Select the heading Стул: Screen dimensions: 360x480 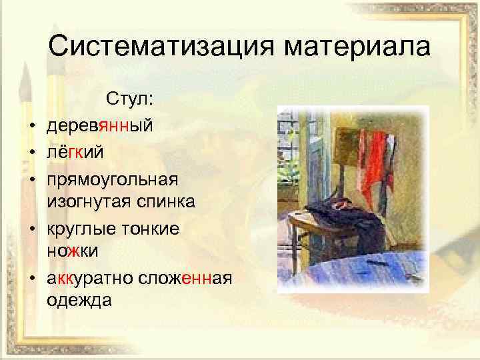tap(130, 99)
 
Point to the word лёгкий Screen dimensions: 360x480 tap(75, 153)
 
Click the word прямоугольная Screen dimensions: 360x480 tap(113, 181)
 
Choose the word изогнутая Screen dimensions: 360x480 tap(90, 202)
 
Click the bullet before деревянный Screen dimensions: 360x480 tap(31, 125)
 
